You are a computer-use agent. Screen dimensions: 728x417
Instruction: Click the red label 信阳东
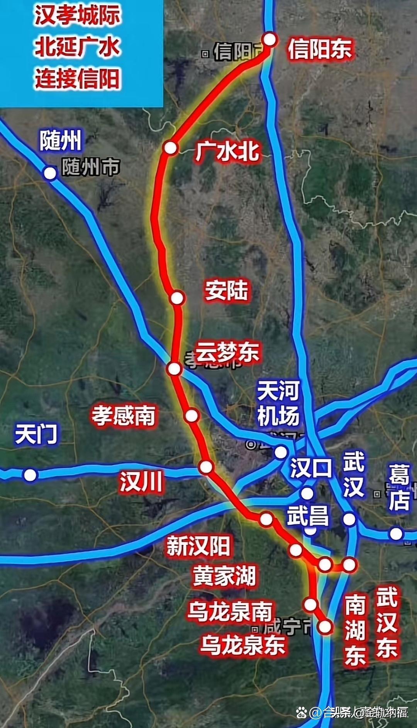[320, 49]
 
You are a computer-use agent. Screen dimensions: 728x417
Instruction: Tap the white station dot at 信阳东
[270, 39]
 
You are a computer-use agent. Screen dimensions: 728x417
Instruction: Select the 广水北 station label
[227, 151]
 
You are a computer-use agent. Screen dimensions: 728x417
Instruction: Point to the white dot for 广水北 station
[170, 148]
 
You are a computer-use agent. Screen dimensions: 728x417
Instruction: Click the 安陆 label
[227, 290]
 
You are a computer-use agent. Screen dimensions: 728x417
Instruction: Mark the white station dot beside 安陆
[177, 298]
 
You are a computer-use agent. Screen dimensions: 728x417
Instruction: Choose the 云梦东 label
[227, 352]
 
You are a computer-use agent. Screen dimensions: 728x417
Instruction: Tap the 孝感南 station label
[124, 416]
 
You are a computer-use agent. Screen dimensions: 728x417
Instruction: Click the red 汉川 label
[141, 482]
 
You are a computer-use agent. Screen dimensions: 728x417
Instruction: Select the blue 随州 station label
[61, 140]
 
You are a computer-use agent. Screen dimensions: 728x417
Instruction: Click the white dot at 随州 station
[50, 173]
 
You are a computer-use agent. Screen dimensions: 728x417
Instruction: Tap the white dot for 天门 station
[30, 475]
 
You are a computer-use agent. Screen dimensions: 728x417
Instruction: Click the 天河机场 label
[278, 403]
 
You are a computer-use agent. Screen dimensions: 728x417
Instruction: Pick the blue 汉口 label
[311, 468]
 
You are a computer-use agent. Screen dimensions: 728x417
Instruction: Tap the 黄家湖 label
[224, 576]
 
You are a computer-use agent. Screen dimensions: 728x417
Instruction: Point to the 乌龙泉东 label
[242, 644]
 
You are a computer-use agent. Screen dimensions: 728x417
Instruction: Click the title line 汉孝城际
[78, 15]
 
